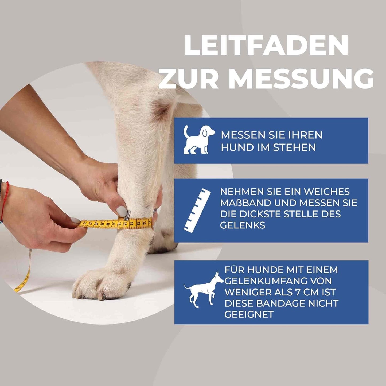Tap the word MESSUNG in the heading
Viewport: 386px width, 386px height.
(302, 79)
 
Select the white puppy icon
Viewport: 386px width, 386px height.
(198, 140)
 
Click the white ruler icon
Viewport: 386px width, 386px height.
(197, 210)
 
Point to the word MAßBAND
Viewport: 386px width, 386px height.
(247, 203)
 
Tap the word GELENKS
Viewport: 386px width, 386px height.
(243, 225)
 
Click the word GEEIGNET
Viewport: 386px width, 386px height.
(249, 314)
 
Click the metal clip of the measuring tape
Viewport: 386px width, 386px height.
(128, 215)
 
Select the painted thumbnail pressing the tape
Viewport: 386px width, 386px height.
(122, 211)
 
